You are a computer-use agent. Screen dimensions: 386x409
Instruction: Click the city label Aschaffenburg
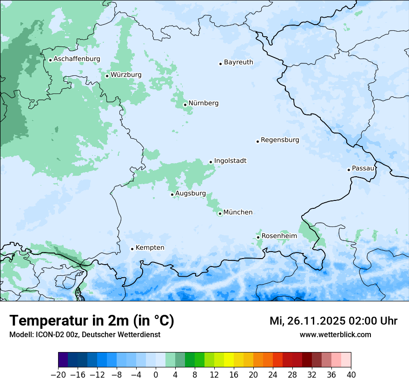coord(77,59)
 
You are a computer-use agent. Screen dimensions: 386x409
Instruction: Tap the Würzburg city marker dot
coord(107,76)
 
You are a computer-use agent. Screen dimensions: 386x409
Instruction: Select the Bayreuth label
coord(238,62)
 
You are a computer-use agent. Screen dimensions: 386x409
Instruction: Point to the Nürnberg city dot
coord(185,105)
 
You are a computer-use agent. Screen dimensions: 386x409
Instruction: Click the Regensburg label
coord(280,140)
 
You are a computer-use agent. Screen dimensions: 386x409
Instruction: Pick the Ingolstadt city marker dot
coord(211,162)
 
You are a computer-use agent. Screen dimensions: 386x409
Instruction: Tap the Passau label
coord(363,168)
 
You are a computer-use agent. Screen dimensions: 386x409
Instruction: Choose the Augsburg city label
coord(191,193)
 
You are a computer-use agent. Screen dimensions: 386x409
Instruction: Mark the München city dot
coord(220,213)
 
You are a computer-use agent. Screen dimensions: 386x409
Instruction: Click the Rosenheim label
coord(279,236)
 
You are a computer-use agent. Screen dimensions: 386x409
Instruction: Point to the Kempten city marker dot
coord(132,249)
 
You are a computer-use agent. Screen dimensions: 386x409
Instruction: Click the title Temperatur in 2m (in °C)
coord(92,321)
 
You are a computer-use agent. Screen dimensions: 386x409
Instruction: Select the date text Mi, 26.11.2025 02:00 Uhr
coord(333,321)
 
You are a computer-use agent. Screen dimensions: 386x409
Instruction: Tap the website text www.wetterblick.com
coord(335,334)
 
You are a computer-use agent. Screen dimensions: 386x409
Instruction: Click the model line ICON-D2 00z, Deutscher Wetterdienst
coord(85,334)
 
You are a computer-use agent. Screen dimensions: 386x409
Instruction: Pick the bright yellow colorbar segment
coord(229,360)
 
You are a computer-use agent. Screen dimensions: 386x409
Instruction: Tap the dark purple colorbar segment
coord(63,360)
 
